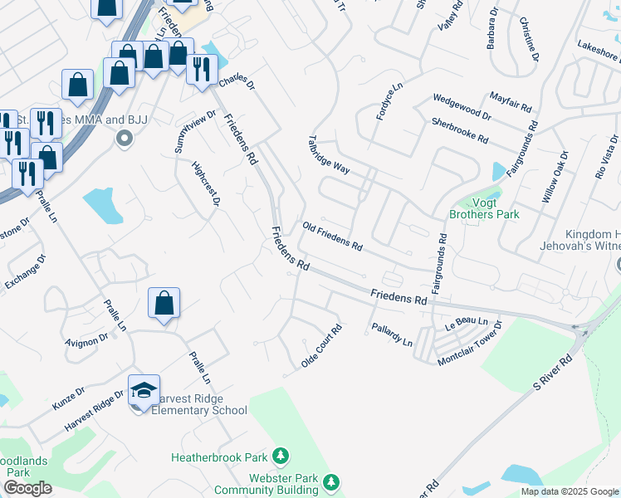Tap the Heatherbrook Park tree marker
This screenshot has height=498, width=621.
tap(281, 456)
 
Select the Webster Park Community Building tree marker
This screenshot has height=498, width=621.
tap(331, 481)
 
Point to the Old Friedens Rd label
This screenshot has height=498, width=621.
tap(333, 237)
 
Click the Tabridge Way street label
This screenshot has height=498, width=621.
tap(329, 154)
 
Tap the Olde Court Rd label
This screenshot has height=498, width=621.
tap(322, 346)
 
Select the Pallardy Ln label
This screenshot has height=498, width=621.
tap(392, 335)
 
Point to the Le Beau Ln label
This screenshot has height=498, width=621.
tap(463, 321)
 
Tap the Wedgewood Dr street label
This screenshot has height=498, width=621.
tap(462, 108)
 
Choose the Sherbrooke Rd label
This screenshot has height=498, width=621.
tap(459, 130)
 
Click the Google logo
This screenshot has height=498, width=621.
tap(27, 488)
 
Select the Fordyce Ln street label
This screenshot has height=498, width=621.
tap(389, 100)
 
